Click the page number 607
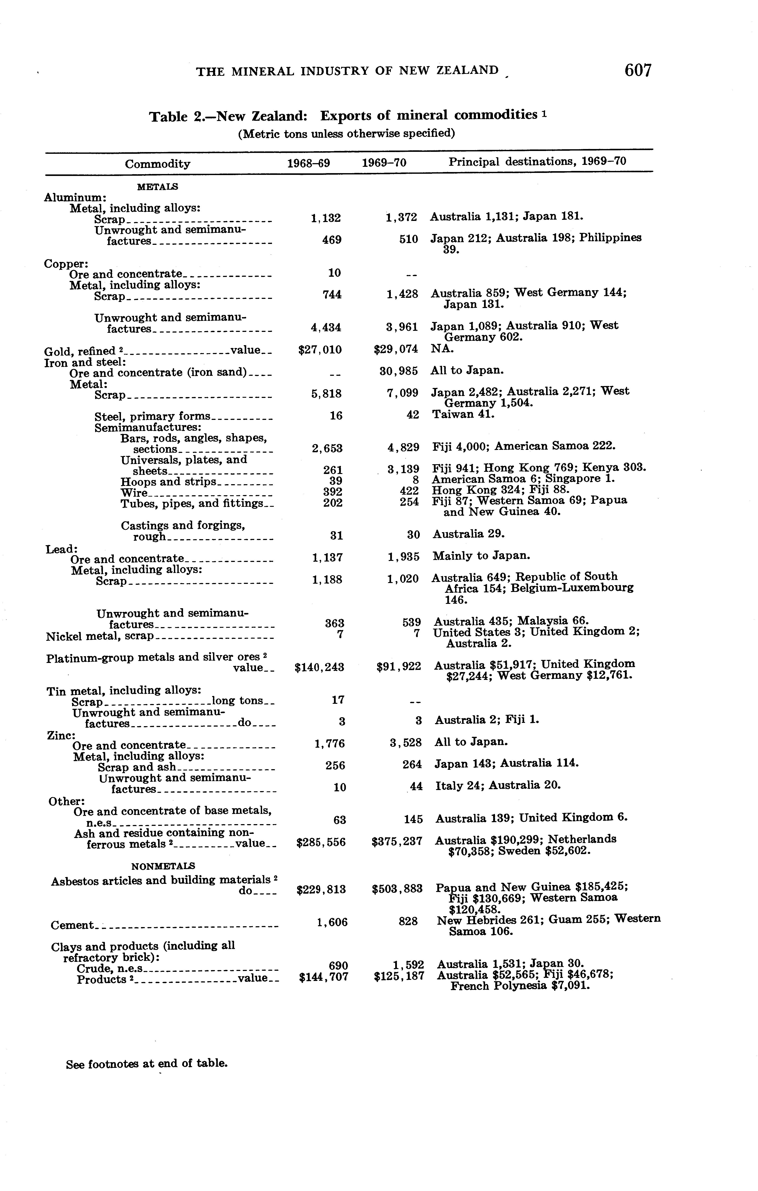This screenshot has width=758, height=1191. (638, 71)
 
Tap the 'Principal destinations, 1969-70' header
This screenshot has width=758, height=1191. (537, 161)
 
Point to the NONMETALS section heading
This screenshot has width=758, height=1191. (163, 866)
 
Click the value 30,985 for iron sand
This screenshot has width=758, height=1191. (398, 370)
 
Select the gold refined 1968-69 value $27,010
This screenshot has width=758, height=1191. (320, 350)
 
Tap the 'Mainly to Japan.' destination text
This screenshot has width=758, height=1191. (481, 556)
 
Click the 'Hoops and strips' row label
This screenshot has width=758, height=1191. (168, 482)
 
